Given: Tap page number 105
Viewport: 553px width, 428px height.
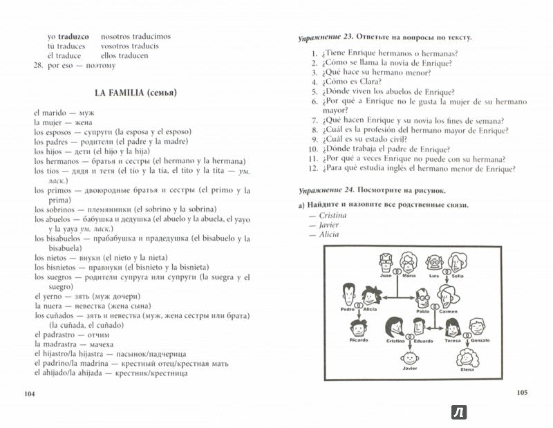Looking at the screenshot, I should coord(522,393).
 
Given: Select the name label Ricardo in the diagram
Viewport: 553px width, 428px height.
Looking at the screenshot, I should coord(359,340).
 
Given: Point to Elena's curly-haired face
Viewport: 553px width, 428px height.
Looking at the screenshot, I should coord(465,357).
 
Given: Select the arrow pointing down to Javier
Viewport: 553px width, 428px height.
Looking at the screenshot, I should coord(410,344).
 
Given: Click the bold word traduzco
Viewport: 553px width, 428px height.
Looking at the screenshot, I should coord(76,36).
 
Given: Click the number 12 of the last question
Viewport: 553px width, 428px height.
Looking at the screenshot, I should coord(312,169).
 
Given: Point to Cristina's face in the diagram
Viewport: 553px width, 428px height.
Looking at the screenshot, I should coord(395,326).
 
